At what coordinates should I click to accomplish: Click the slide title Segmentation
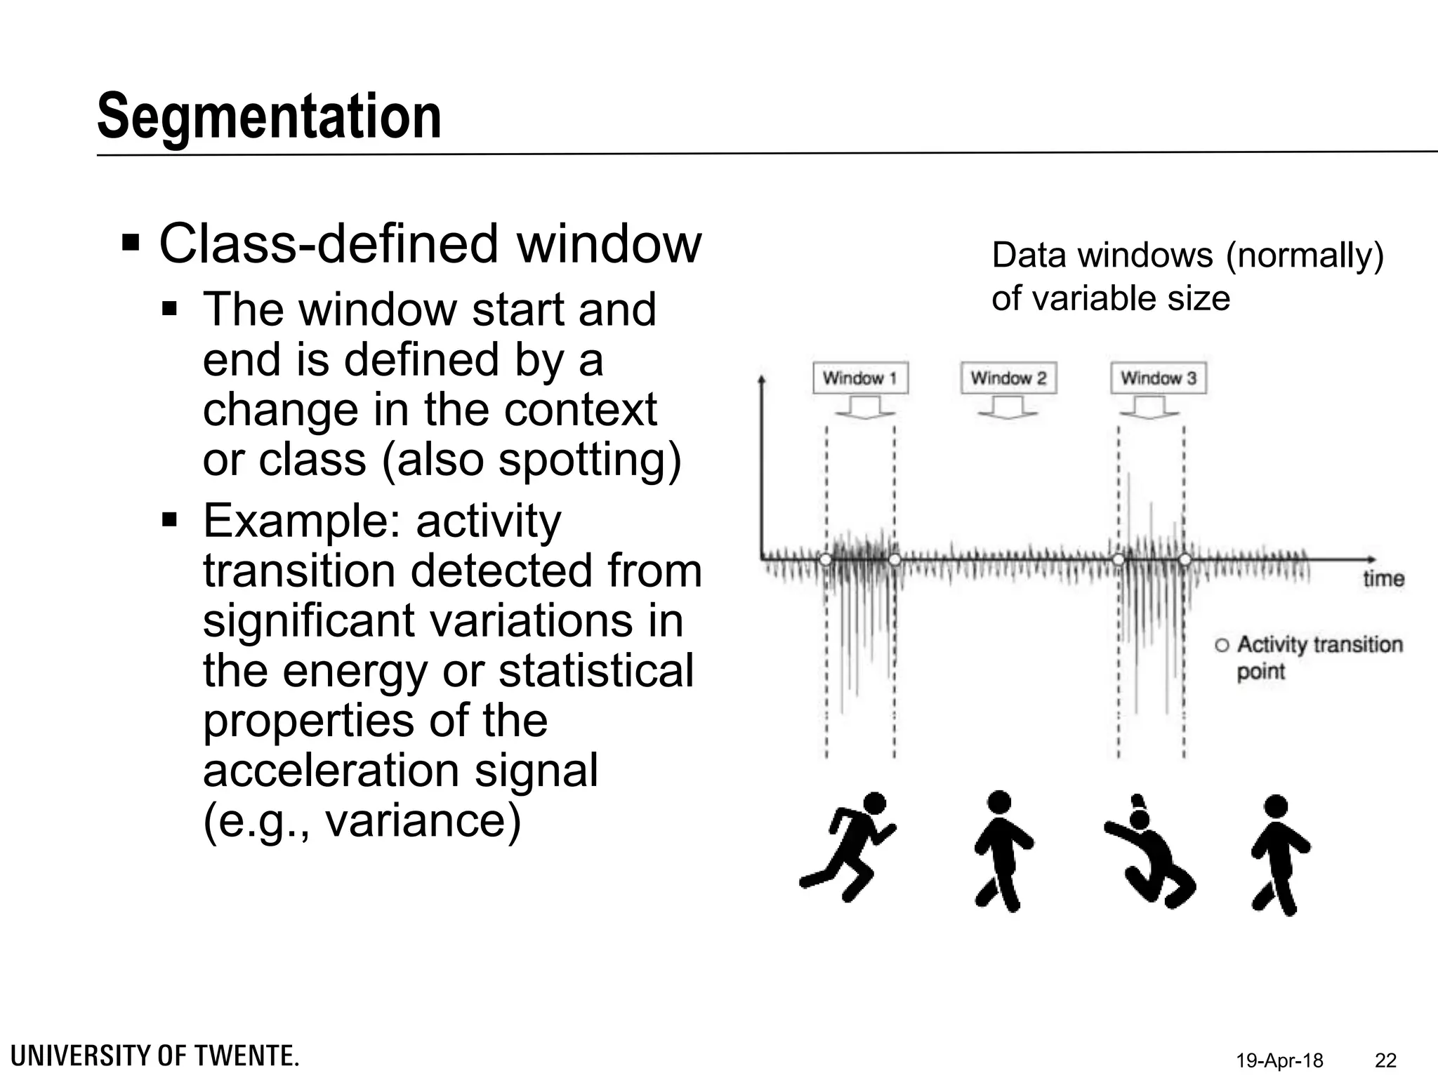pos(269,117)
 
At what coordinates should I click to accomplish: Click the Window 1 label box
pos(860,378)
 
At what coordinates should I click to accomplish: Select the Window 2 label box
pos(1008,378)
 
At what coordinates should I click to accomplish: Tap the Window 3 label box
pos(1158,378)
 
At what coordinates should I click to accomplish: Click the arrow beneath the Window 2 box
pos(1008,408)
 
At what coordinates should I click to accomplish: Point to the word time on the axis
pos(1383,579)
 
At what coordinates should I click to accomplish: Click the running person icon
pos(848,846)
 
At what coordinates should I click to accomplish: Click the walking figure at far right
pos(1279,854)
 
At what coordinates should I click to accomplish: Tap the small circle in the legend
pos(1222,645)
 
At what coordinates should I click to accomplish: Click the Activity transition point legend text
pos(1319,658)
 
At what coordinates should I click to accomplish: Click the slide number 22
pos(1385,1060)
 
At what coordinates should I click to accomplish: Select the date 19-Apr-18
pos(1279,1060)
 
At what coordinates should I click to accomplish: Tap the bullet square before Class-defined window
pos(131,244)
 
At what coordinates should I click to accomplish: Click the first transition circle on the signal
pos(826,559)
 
